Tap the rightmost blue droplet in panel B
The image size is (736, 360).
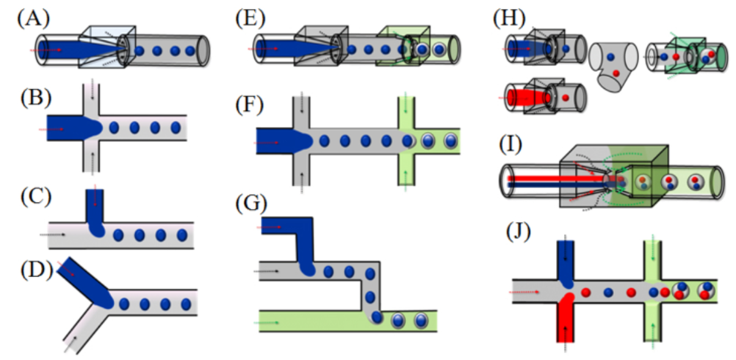176,128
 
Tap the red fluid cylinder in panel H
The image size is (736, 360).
525,97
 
